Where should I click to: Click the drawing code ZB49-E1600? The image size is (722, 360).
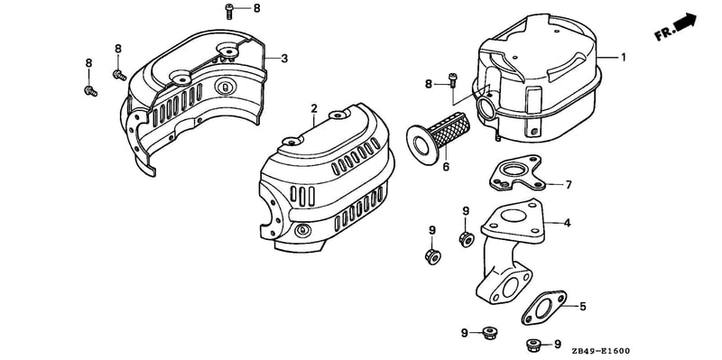tap(600, 351)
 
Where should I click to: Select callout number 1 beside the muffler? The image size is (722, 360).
tap(624, 58)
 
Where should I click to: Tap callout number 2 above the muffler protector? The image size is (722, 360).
tap(314, 108)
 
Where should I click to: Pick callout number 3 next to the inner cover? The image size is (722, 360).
tap(284, 59)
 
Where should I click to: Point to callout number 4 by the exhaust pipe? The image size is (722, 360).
tap(568, 223)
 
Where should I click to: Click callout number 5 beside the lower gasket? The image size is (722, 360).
tap(582, 306)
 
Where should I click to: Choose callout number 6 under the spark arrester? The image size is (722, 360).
tap(446, 167)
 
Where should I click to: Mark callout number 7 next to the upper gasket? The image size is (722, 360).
tap(569, 185)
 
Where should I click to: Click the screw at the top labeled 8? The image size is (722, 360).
tap(229, 11)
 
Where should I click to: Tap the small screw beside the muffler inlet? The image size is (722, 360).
tap(453, 81)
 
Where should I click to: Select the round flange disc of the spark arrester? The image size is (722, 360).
tap(421, 144)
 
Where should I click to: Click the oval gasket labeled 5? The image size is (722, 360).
tap(544, 308)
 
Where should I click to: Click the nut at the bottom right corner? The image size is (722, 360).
tap(533, 345)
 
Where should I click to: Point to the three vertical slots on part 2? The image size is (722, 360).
tap(302, 196)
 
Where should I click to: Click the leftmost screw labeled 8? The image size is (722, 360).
tap(91, 91)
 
